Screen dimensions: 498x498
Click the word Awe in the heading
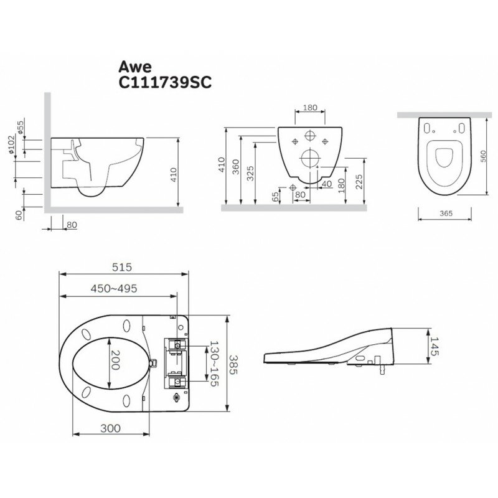[134, 67]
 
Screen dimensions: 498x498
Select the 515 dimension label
[122, 267]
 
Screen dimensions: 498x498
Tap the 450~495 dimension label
[114, 288]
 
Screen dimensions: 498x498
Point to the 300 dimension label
[111, 428]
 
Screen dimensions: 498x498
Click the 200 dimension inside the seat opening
[115, 360]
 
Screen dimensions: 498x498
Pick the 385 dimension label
[233, 364]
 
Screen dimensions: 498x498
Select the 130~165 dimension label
[214, 364]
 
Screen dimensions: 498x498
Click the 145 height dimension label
[434, 346]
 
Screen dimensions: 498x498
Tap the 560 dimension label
[483, 156]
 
